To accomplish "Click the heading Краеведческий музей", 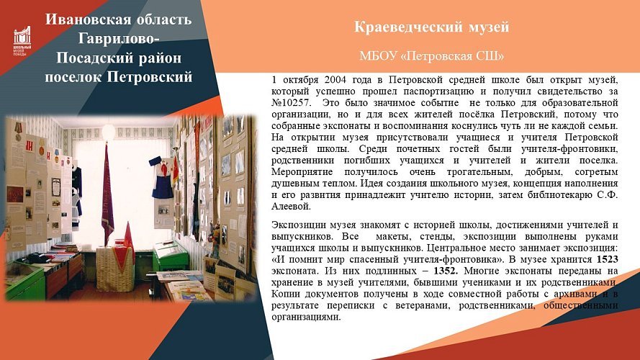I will [x=432, y=28].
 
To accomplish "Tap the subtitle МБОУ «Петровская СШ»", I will [x=432, y=55].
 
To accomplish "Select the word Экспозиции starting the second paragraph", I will [x=298, y=224].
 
